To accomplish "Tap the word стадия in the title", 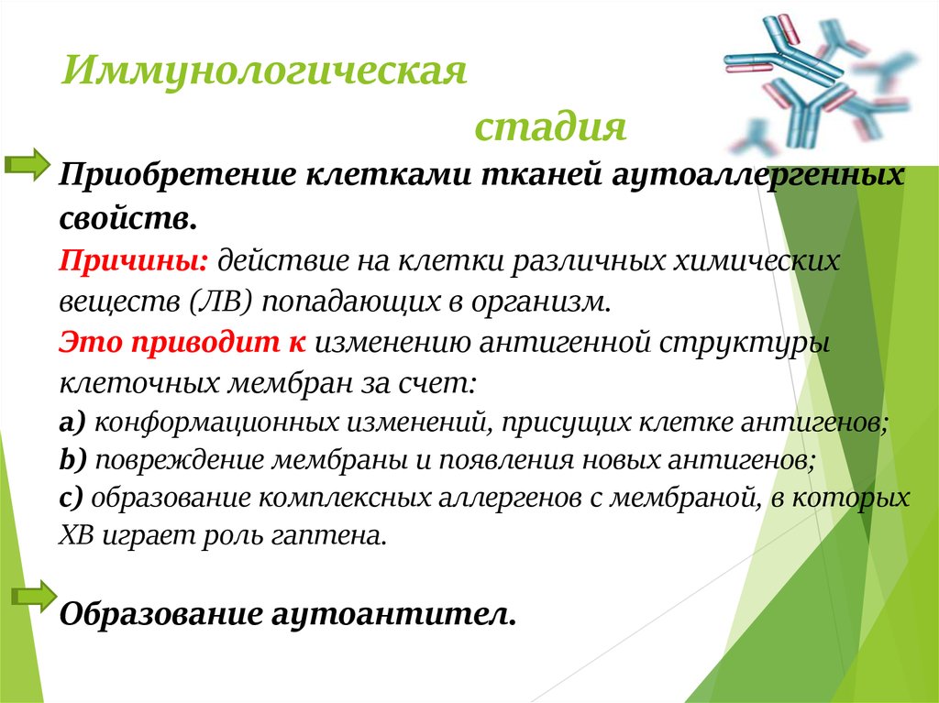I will coord(550,126).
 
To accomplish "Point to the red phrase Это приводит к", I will coord(182,342).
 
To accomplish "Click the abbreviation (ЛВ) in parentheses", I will coord(218,301).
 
